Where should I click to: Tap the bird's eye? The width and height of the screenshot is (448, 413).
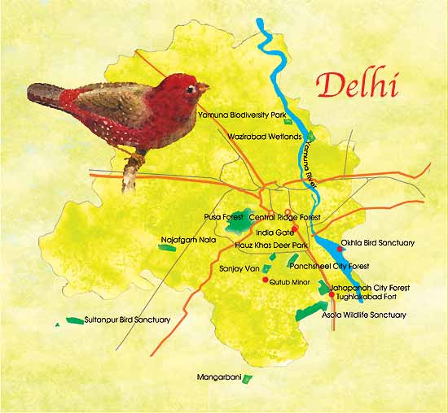pyautogui.click(x=191, y=87)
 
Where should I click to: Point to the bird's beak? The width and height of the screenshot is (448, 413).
pyautogui.click(x=204, y=86)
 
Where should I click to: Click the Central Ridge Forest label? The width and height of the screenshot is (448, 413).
pyautogui.click(x=285, y=217)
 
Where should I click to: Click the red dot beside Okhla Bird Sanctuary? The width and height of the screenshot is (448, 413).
pyautogui.click(x=340, y=249)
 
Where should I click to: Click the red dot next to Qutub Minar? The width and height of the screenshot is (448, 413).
pyautogui.click(x=265, y=280)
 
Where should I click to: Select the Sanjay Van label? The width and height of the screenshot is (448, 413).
pyautogui.click(x=239, y=267)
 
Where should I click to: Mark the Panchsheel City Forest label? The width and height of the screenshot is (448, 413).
pyautogui.click(x=328, y=266)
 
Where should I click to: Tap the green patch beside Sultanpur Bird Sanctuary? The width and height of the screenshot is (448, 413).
pyautogui.click(x=75, y=320)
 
